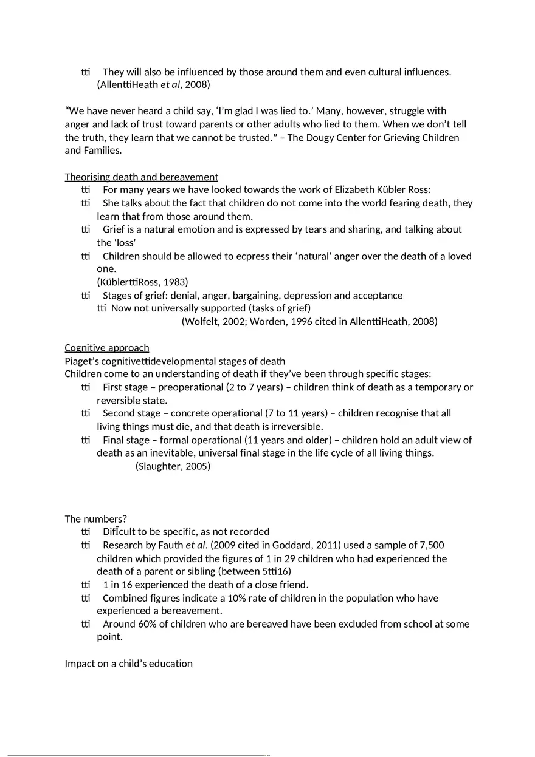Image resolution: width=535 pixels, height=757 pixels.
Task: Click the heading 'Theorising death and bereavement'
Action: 141,177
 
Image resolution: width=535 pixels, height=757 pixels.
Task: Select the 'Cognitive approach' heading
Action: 106,348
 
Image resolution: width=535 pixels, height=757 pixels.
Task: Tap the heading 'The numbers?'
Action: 95,518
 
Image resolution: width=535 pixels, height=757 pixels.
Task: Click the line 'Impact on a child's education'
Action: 128,664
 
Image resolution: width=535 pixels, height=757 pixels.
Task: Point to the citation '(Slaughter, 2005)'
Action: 173,466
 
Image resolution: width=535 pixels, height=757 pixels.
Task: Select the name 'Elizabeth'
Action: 355,189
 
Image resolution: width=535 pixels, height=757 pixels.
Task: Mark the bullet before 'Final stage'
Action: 85,440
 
